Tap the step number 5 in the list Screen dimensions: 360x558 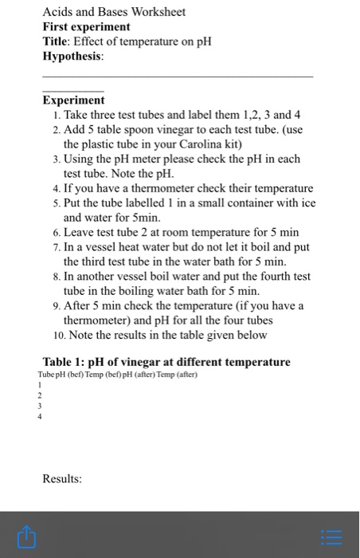point(53,203)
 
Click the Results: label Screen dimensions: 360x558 point(62,479)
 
